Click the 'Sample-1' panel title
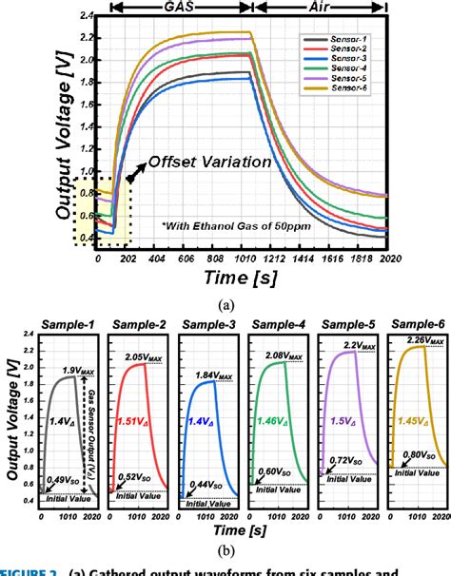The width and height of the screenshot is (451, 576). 68,324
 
